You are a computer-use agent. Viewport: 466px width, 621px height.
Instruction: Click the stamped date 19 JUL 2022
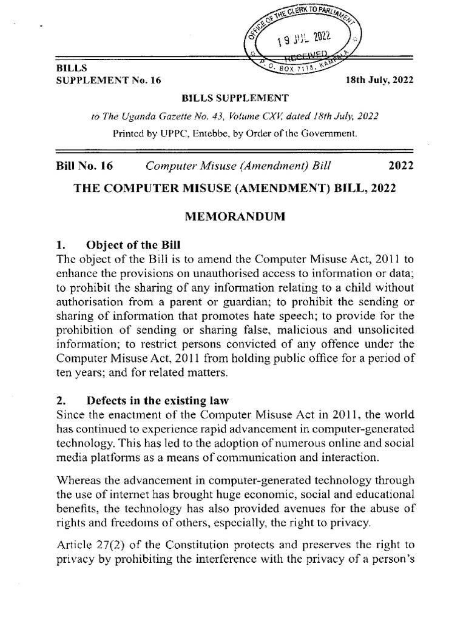coord(302,41)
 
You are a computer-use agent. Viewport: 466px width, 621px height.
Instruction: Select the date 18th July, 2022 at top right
coord(376,80)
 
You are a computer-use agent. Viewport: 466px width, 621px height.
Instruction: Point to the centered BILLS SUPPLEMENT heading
coord(234,97)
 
